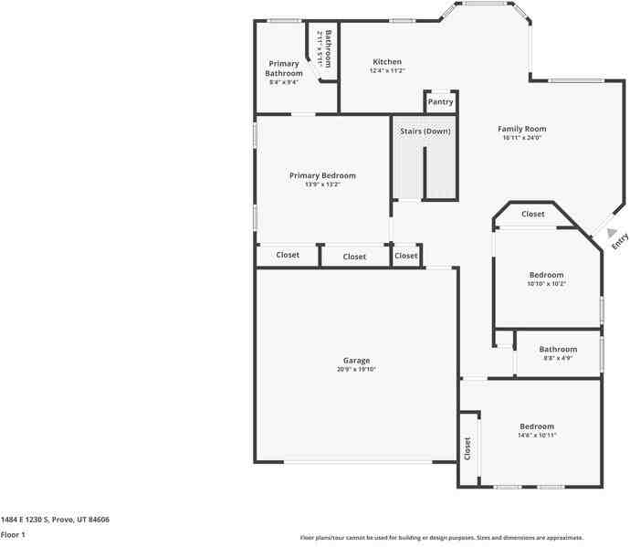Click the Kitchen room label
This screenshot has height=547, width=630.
click(x=387, y=62)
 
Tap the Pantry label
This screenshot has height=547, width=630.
click(x=440, y=102)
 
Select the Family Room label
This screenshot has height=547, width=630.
click(x=522, y=129)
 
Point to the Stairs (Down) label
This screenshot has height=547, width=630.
click(x=425, y=131)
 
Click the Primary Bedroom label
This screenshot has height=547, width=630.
click(x=322, y=175)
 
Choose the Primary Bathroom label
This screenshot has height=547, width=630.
click(x=283, y=68)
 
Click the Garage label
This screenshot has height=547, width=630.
click(x=356, y=361)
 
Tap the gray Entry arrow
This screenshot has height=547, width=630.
click(x=613, y=234)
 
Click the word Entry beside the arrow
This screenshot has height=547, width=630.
click(x=621, y=241)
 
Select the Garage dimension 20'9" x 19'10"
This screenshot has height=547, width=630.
click(x=356, y=370)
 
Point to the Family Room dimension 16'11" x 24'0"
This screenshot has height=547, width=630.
click(x=522, y=138)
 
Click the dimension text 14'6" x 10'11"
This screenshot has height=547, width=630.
click(x=537, y=436)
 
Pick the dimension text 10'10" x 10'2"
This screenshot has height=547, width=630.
click(x=546, y=284)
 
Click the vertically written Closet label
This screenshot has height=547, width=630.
click(x=467, y=448)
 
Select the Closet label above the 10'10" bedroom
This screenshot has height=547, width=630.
click(x=533, y=215)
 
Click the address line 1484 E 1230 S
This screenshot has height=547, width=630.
click(x=55, y=520)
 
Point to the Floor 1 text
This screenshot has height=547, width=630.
click(x=13, y=534)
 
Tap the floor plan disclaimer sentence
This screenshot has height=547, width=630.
click(x=442, y=538)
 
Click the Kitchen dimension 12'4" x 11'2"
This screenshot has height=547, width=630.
click(x=387, y=71)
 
